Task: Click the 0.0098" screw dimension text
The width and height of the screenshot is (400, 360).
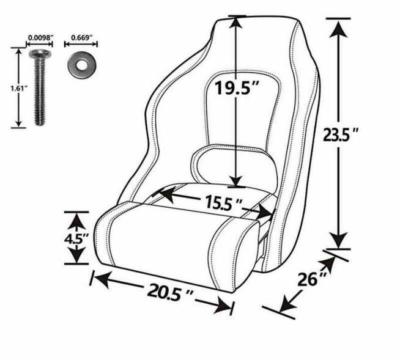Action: [40, 38]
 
